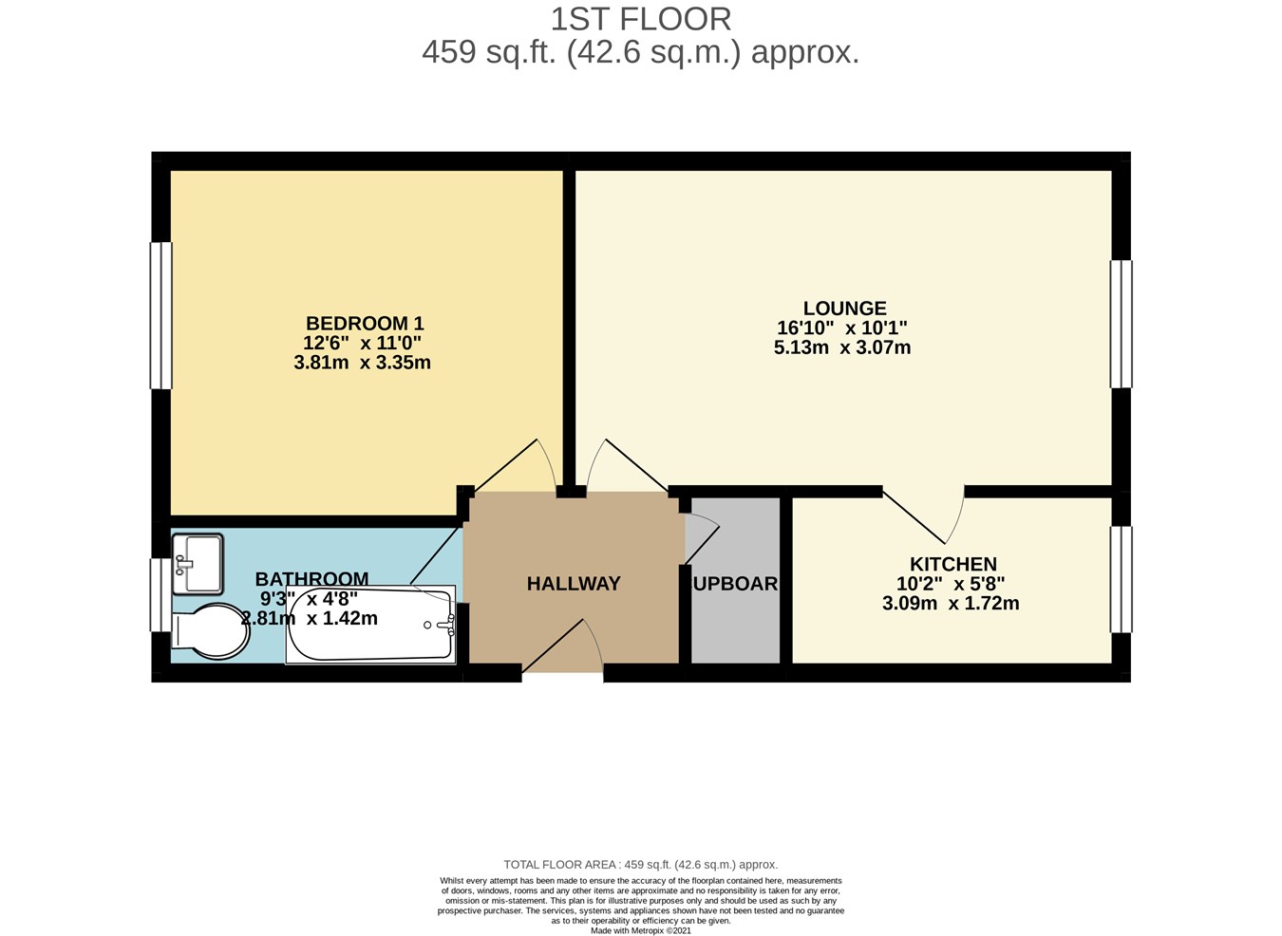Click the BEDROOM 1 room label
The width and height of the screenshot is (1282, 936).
[364, 324]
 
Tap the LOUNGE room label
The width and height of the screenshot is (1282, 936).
[844, 309]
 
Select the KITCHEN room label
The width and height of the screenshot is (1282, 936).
[952, 564]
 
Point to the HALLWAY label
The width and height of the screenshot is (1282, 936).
[574, 584]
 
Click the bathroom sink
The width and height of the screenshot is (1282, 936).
[198, 563]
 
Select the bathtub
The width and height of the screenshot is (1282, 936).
[370, 624]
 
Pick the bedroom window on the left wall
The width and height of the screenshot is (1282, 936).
[161, 315]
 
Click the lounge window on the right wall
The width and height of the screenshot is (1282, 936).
[1121, 324]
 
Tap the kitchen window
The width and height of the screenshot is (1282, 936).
[1121, 579]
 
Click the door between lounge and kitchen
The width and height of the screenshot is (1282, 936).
[926, 513]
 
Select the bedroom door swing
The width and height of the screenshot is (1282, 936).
[518, 467]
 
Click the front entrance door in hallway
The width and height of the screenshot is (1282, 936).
[562, 650]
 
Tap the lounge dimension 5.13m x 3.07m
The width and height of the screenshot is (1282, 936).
[841, 347]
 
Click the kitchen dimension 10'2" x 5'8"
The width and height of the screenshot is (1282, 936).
[950, 584]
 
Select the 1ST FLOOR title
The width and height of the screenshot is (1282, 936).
[641, 19]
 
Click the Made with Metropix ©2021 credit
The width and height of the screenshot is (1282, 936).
[641, 930]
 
